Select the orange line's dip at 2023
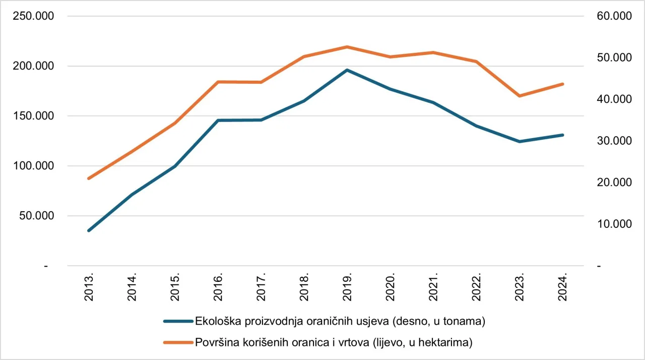point(520,96)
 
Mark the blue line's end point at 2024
point(562,135)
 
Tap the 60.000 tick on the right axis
point(613,16)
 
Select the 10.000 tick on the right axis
point(613,224)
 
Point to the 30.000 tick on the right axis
point(613,141)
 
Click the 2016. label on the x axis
point(218,288)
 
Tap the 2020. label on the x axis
point(391,288)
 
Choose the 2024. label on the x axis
point(563,288)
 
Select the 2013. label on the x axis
point(89,288)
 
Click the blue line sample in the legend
point(178,321)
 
